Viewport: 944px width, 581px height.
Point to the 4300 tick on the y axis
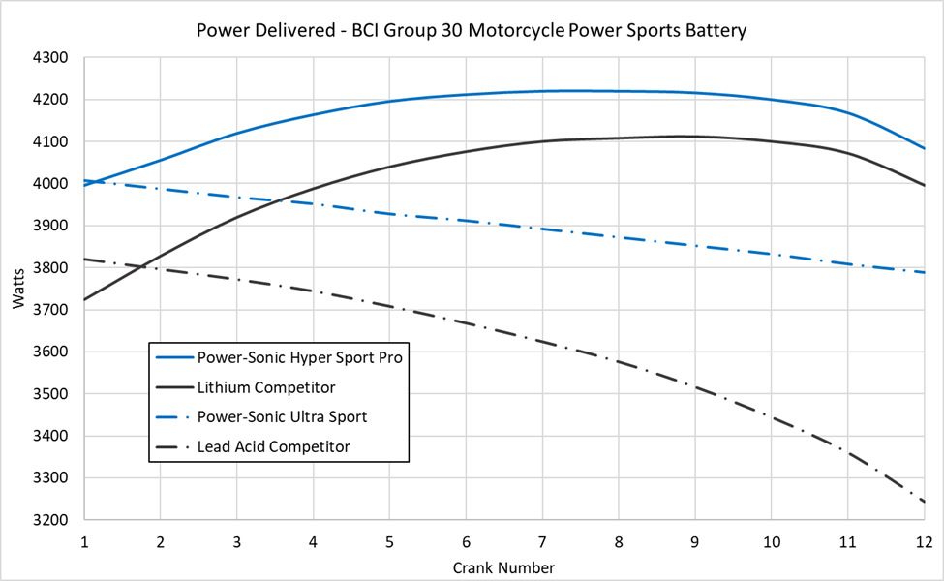[x=49, y=58]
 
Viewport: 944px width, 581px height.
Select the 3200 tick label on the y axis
[x=49, y=520]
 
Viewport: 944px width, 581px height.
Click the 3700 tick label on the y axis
[x=49, y=310]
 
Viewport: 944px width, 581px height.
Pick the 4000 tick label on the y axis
[x=49, y=184]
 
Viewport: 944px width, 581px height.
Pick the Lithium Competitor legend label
[x=265, y=387]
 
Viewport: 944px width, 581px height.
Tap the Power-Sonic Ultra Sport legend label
[x=282, y=417]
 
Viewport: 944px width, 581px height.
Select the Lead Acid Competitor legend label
[x=273, y=446]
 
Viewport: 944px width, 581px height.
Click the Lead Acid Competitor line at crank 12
[x=924, y=501]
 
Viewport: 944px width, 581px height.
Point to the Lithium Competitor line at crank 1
[x=85, y=299]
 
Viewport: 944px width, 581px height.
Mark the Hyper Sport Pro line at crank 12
[x=924, y=148]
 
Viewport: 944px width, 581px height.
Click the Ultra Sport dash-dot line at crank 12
[x=924, y=272]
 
